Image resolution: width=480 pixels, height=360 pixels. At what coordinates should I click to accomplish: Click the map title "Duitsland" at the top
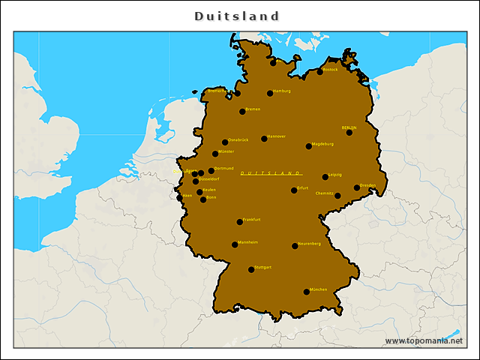click(x=237, y=16)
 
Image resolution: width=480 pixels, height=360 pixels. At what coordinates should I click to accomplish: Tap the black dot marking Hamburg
click(x=270, y=94)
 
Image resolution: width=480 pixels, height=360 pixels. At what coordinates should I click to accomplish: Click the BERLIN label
click(x=349, y=127)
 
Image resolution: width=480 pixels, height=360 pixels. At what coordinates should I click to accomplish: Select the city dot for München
click(x=306, y=292)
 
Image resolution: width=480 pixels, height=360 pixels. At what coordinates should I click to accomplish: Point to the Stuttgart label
click(x=263, y=267)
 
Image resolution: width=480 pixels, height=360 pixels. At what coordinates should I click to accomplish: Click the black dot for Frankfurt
click(x=239, y=222)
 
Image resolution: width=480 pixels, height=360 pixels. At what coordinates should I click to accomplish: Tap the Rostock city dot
click(x=319, y=72)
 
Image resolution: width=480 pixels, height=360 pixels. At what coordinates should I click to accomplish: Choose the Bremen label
click(x=253, y=109)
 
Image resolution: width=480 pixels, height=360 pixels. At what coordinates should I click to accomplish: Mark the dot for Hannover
click(x=264, y=139)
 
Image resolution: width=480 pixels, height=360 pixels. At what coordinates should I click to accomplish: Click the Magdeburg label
click(x=322, y=143)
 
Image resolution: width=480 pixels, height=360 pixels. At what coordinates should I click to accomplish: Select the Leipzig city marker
click(x=325, y=177)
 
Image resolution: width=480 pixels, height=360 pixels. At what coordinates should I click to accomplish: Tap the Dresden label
click(x=367, y=184)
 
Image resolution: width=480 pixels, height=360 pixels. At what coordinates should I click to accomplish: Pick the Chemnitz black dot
click(x=337, y=196)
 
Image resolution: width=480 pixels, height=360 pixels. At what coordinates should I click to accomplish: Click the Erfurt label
click(x=303, y=187)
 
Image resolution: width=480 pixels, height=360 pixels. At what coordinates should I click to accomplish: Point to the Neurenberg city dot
click(x=295, y=246)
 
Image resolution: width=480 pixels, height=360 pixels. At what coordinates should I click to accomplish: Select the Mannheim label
click(x=248, y=242)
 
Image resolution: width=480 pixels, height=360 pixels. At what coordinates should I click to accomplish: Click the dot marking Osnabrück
click(x=225, y=142)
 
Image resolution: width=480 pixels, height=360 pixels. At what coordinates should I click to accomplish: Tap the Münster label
click(x=226, y=151)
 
